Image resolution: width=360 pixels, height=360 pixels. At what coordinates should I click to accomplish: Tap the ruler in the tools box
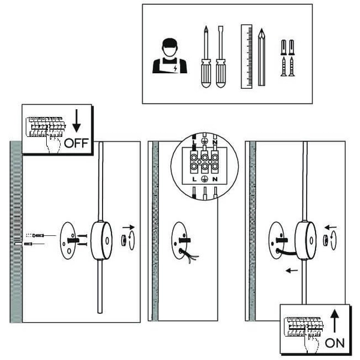click(246, 56)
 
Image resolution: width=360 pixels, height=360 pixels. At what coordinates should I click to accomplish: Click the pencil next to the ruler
click(262, 56)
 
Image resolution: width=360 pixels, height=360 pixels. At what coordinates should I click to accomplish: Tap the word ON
click(334, 343)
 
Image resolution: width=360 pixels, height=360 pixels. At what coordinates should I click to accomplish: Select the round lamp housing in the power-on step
click(305, 240)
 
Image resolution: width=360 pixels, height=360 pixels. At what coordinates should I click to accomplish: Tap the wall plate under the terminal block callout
click(181, 240)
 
